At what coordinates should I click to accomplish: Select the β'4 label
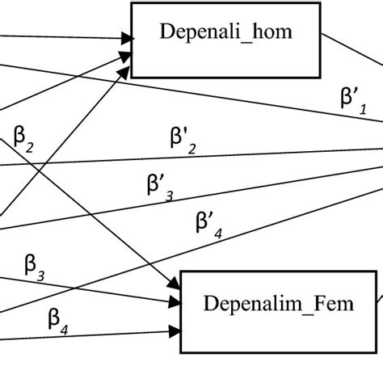tap(208, 224)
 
